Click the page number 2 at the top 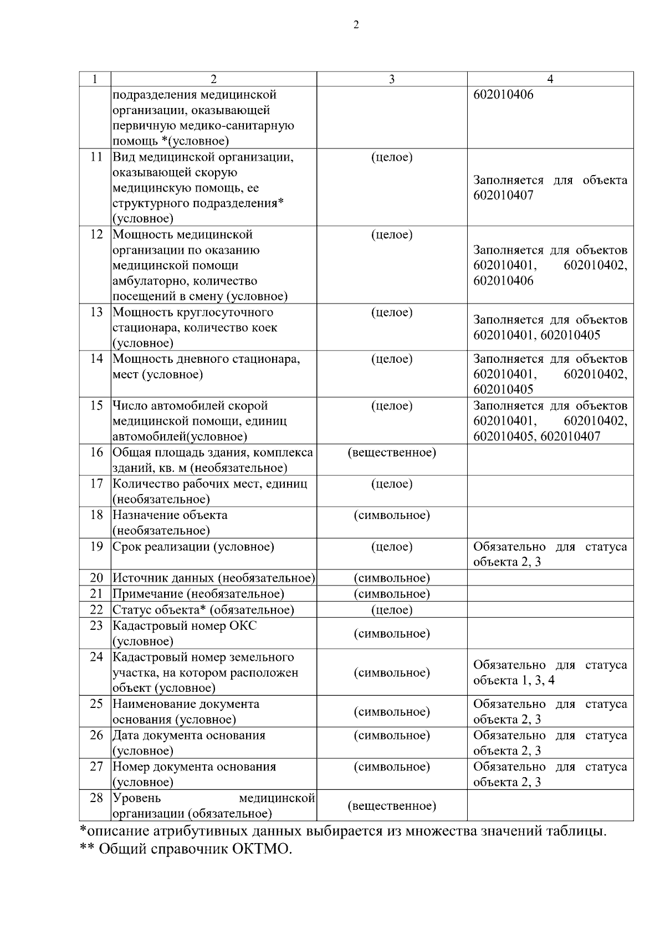356,25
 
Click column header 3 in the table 391,79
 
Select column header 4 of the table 550,79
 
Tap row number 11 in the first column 96,157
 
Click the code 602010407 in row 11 504,196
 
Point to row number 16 96,453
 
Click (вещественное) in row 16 391,453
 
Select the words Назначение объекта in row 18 170,515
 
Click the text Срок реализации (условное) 193,547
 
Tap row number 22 96,610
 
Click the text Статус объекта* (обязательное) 203,610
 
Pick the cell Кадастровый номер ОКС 185,626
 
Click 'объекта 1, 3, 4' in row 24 514,680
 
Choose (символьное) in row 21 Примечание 391,594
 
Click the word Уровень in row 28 137,798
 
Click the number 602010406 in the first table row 504,95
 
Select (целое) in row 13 391,312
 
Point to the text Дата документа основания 189,736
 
